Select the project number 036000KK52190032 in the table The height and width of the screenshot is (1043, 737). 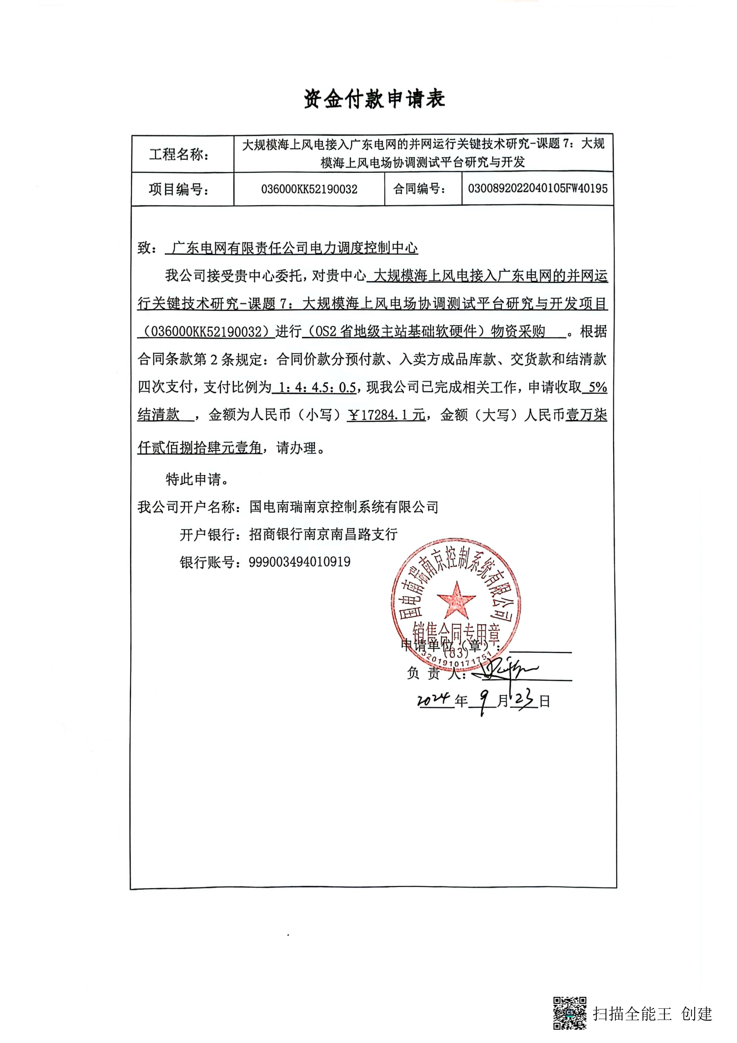309,189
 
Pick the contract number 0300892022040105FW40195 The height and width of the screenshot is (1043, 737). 537,189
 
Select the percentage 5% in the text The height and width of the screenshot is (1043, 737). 597,387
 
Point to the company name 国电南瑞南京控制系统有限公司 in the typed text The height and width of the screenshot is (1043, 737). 344,507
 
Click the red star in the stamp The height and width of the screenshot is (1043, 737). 456,600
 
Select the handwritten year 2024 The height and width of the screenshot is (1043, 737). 434,700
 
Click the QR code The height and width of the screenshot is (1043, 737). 569,1013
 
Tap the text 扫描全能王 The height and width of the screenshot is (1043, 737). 632,1014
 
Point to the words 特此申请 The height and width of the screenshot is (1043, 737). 197,479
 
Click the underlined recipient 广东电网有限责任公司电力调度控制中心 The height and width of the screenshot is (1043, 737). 294,248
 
